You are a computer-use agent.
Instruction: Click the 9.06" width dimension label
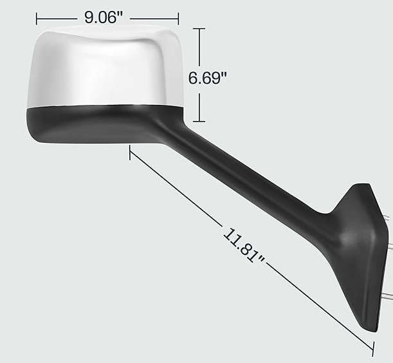pyautogui.click(x=104, y=17)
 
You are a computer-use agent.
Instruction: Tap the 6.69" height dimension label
pyautogui.click(x=208, y=78)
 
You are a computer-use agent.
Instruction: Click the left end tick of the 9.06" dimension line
pyautogui.click(x=37, y=18)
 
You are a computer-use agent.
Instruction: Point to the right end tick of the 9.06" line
pyautogui.click(x=178, y=18)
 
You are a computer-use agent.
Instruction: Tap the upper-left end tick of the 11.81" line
pyautogui.click(x=130, y=151)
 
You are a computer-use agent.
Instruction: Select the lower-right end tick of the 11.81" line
pyautogui.click(x=372, y=350)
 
